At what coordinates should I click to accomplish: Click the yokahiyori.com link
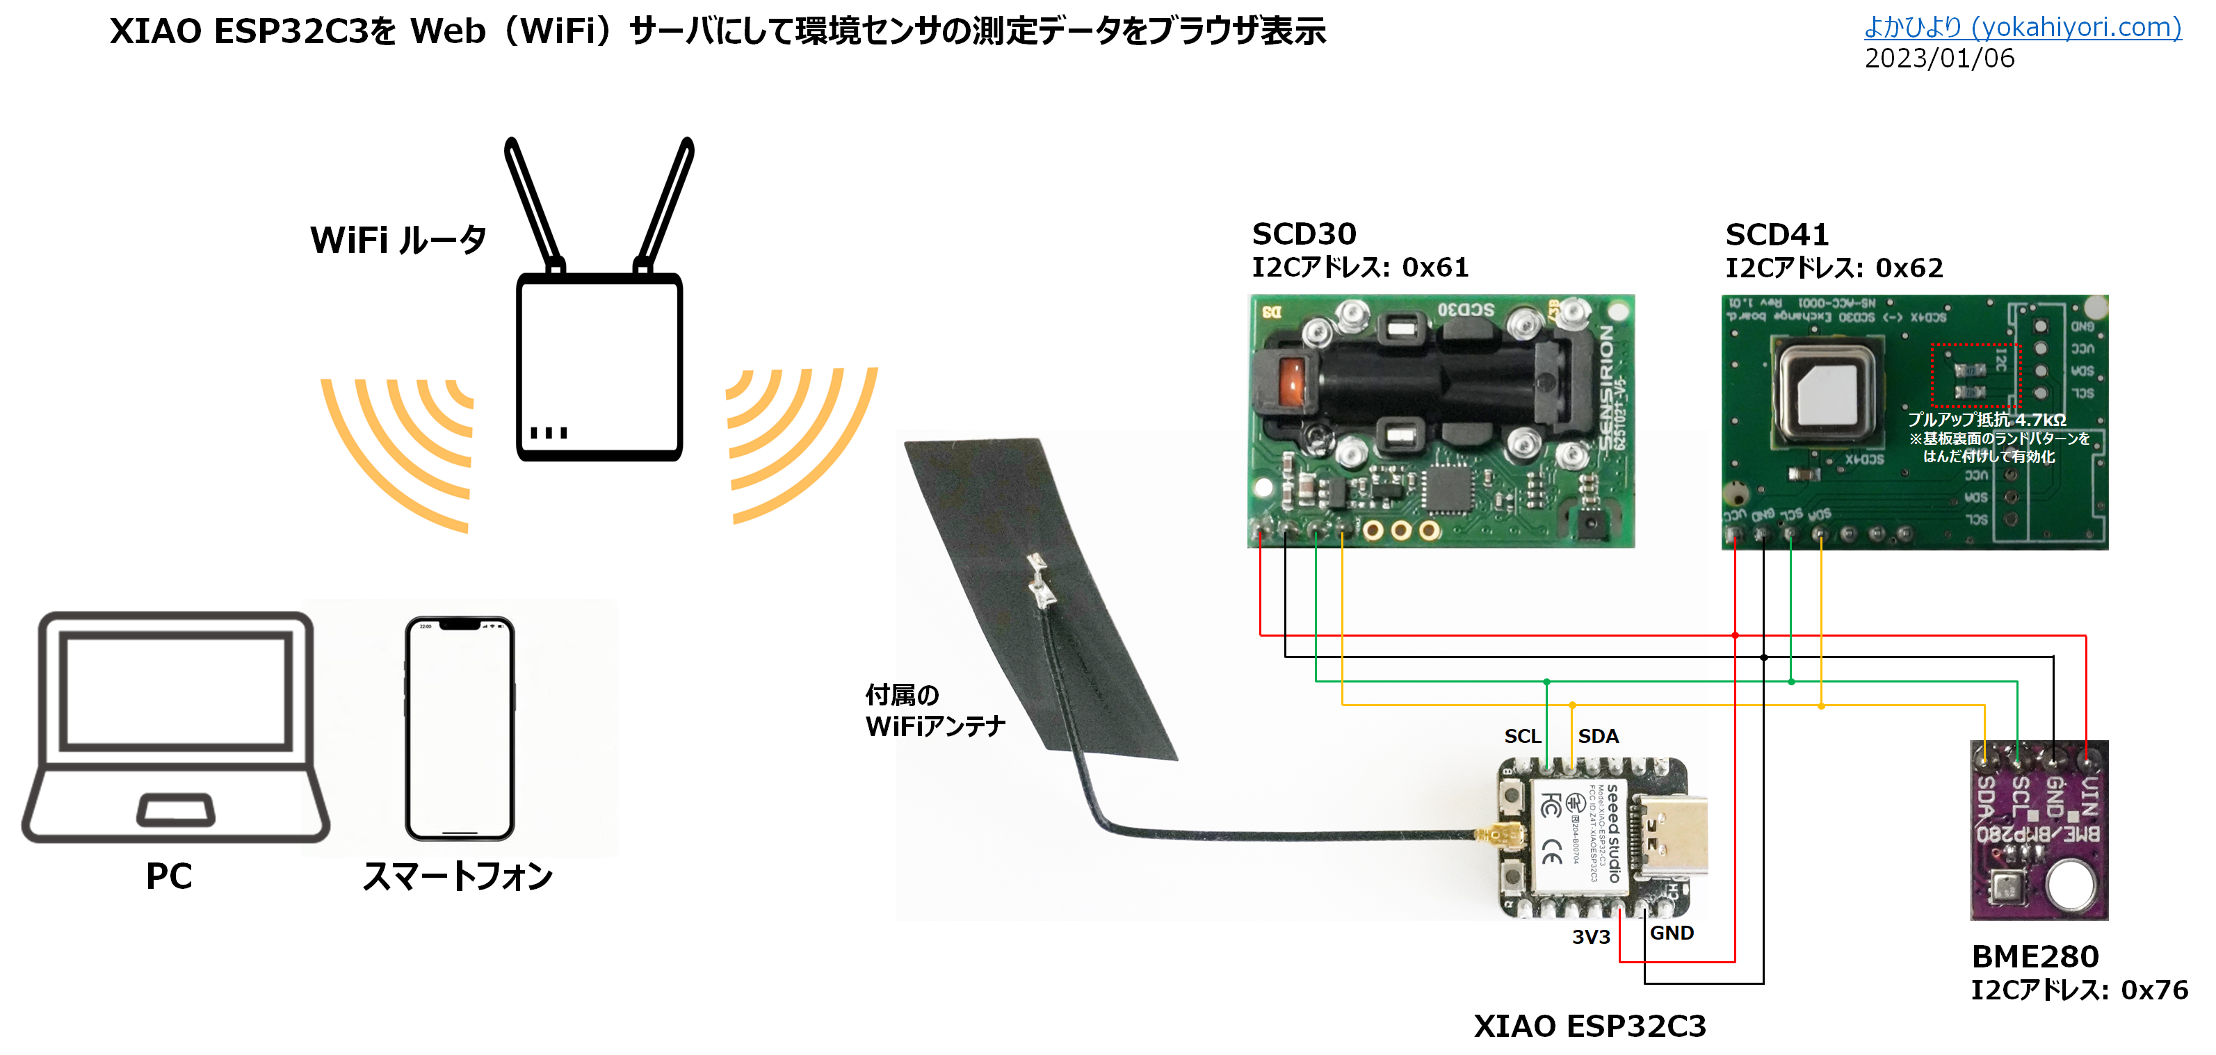coord(2021,28)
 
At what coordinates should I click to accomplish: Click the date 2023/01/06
coord(1939,58)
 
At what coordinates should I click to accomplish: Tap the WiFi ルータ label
coord(398,240)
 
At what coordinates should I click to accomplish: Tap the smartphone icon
coord(460,728)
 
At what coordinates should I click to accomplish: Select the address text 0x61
coord(1435,268)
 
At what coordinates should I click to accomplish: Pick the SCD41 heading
coord(1777,235)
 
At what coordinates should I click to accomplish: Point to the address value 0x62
coord(1909,268)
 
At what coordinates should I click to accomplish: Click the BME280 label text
coord(2035,956)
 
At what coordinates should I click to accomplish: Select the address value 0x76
coord(2154,990)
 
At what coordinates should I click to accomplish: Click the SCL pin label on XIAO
coord(1522,736)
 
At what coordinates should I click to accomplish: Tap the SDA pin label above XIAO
coord(1597,736)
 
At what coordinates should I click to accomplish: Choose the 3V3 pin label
coord(1591,936)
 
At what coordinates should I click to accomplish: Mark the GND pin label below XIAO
coord(1672,933)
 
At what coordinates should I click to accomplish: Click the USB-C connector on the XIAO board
coord(1669,834)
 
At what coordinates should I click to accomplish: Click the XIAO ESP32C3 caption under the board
coord(1589,1026)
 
